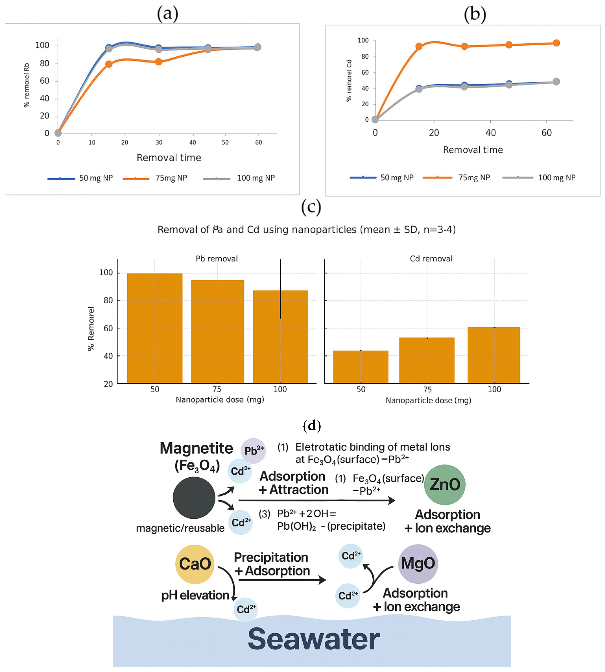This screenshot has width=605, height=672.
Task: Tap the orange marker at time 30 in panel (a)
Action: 158,62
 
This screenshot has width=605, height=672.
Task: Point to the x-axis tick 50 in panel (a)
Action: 225,142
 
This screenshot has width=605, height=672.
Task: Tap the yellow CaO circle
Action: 195,564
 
